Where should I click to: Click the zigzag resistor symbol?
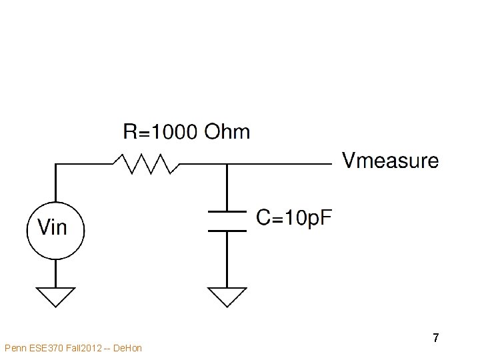click(145, 163)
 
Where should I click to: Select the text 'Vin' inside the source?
click(53, 228)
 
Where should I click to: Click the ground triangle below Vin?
click(56, 295)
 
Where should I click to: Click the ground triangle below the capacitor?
click(227, 295)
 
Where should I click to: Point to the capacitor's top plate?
click(227, 213)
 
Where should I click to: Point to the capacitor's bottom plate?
click(227, 231)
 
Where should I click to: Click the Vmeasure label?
click(391, 161)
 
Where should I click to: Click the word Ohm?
click(227, 132)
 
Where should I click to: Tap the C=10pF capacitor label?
click(294, 217)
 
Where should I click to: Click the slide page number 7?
click(435, 338)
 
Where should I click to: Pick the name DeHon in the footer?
click(128, 348)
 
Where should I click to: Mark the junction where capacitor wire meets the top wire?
click(227, 163)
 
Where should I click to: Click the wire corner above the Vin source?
click(56, 163)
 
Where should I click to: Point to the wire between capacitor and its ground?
click(227, 260)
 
